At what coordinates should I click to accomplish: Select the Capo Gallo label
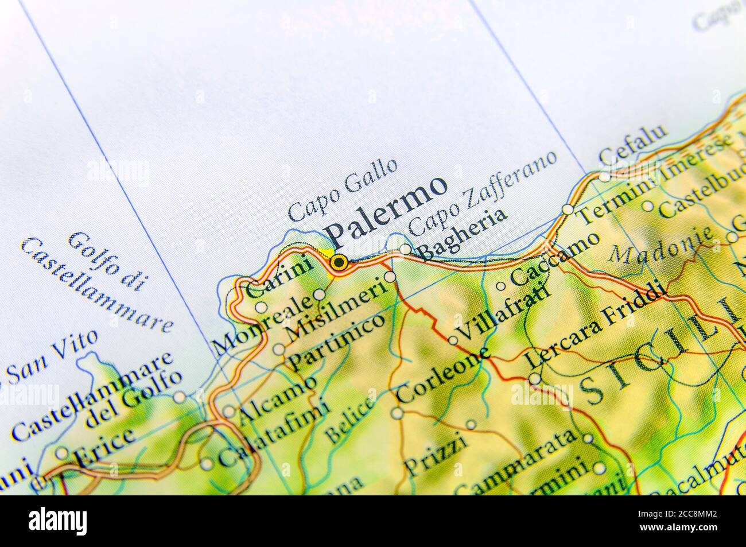[343, 189]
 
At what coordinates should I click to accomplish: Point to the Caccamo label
[554, 258]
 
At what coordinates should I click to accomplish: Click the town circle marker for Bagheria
[405, 249]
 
